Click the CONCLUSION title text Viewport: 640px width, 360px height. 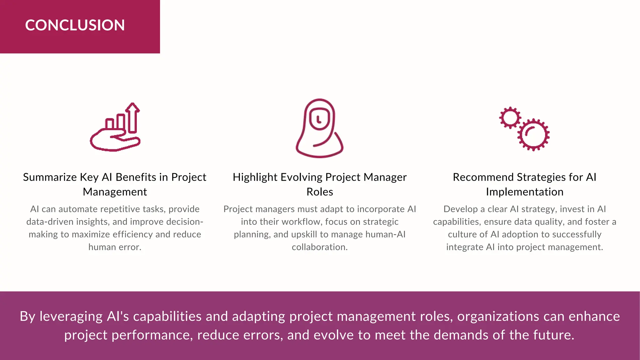click(75, 25)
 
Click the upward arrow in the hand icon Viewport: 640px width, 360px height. click(133, 117)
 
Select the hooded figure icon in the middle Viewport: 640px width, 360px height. click(319, 128)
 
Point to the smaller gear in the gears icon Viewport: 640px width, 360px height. click(510, 117)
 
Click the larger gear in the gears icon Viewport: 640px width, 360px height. click(534, 135)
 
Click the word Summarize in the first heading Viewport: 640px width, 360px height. click(50, 177)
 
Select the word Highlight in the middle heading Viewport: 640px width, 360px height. click(255, 177)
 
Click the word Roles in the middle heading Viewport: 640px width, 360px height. click(320, 192)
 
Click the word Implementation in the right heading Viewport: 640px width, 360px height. click(524, 192)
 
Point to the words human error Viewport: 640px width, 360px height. click(115, 247)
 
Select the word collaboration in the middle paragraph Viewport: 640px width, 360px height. click(319, 247)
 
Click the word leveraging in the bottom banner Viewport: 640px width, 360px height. click(71, 317)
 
